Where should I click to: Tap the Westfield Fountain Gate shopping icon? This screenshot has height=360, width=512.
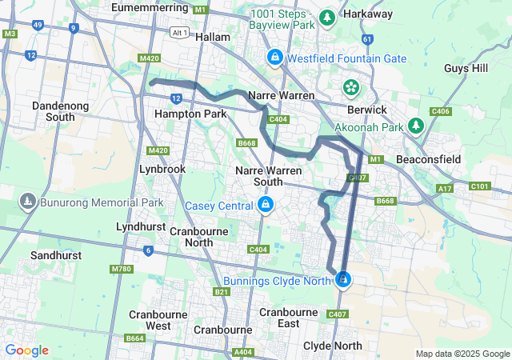[274, 58]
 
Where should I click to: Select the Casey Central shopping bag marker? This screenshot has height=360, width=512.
[265, 206]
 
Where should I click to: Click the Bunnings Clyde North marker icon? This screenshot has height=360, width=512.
[343, 279]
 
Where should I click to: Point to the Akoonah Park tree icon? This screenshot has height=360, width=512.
[415, 126]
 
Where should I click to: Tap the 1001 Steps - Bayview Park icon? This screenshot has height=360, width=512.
[326, 17]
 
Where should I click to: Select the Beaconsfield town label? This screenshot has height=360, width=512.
[428, 159]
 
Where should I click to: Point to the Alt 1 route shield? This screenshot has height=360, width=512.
[181, 32]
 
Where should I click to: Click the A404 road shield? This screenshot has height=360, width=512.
[242, 351]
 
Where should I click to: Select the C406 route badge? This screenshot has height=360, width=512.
[440, 111]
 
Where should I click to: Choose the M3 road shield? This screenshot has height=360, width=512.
[10, 34]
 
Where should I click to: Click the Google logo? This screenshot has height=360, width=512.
[26, 350]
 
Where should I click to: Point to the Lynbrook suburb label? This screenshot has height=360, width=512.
[162, 169]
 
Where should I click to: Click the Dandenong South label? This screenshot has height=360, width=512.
[54, 111]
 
